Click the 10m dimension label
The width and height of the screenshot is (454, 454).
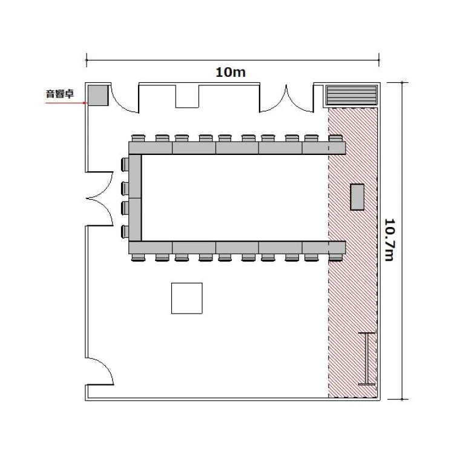[231, 72]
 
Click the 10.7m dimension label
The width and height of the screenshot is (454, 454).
[389, 240]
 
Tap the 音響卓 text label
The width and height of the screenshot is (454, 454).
[60, 94]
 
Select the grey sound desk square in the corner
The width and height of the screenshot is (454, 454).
[98, 95]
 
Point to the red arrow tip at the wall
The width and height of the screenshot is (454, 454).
[86, 103]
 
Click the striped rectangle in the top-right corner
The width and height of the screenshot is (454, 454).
[352, 95]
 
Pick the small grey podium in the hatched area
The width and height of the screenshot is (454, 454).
[357, 197]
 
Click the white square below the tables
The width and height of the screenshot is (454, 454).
[187, 298]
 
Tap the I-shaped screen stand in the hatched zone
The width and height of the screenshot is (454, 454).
[367, 359]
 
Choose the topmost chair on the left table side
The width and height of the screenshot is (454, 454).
[125, 165]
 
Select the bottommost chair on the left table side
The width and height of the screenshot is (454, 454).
[125, 232]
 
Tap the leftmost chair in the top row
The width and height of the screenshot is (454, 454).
[138, 138]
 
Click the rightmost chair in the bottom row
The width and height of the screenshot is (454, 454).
[335, 257]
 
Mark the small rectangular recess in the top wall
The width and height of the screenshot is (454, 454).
[187, 96]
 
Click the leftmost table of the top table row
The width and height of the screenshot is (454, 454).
[151, 148]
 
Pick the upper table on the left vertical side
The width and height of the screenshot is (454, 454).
[135, 176]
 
